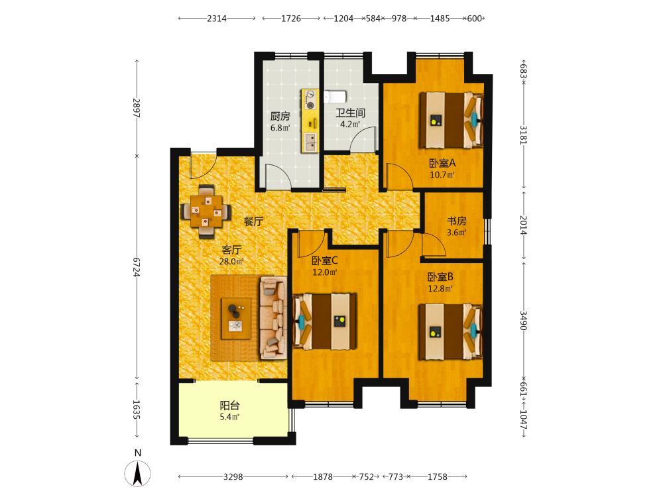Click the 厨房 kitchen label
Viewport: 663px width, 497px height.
click(x=280, y=116)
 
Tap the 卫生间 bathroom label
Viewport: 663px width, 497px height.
click(x=350, y=113)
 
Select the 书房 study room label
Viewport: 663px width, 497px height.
click(x=457, y=221)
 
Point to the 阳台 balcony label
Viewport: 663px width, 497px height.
click(x=229, y=406)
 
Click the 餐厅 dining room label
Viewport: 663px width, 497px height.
click(x=253, y=221)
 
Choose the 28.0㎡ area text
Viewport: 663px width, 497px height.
click(x=231, y=262)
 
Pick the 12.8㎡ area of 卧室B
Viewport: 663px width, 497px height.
click(x=440, y=289)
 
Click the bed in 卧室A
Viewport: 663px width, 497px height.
click(x=451, y=120)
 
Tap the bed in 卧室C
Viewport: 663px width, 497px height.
click(x=324, y=321)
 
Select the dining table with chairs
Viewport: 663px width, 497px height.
click(x=206, y=211)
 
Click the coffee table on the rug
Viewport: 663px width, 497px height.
click(x=236, y=319)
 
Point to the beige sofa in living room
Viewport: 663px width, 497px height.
click(x=272, y=318)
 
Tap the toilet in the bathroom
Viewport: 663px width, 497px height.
click(x=335, y=97)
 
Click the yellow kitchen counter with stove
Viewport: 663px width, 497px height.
click(x=310, y=121)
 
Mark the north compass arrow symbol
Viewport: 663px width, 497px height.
click(x=137, y=473)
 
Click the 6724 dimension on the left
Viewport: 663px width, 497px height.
click(x=136, y=267)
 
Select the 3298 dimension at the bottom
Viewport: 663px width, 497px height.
click(x=233, y=476)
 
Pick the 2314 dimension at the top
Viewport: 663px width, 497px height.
click(x=217, y=19)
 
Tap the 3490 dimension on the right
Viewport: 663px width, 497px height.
click(x=524, y=320)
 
